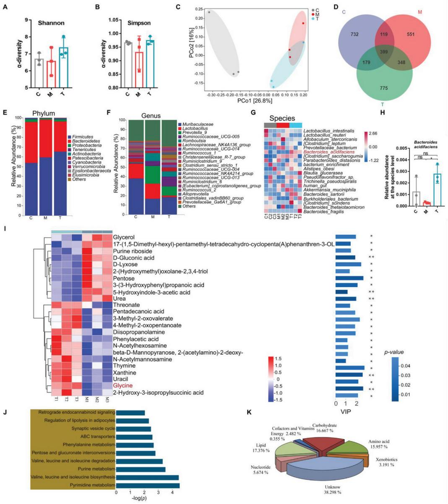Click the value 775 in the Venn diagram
(383, 88)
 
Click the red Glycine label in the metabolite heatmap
(122, 386)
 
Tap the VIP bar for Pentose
(349, 278)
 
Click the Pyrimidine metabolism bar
(148, 486)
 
